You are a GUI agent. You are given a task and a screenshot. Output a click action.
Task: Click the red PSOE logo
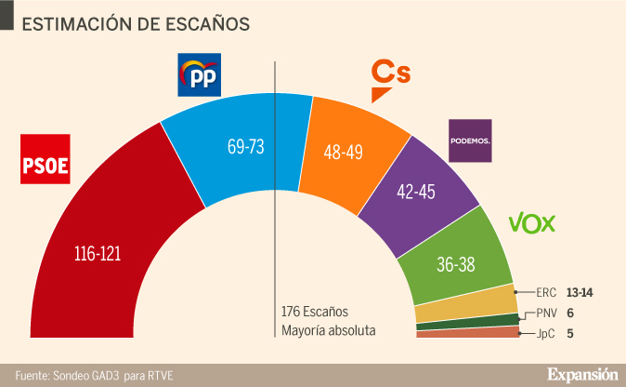[46, 161]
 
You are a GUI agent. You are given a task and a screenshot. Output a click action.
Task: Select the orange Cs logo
[390, 77]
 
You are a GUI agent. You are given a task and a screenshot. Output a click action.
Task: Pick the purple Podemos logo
[470, 140]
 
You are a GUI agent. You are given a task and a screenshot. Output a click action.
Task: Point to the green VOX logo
[532, 223]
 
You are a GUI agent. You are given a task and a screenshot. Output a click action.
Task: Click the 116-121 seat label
[98, 253]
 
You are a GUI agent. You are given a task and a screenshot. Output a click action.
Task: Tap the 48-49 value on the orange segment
[343, 152]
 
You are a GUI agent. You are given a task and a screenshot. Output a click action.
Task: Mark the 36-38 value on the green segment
[456, 264]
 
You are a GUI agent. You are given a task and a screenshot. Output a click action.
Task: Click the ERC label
[549, 292]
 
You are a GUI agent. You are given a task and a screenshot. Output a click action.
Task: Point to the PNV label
[549, 314]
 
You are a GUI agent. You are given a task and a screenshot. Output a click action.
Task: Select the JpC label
[548, 333]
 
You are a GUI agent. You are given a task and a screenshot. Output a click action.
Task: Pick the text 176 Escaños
[316, 311]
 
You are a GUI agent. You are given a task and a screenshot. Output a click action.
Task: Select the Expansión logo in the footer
[581, 374]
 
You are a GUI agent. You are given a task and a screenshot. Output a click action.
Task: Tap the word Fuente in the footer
[31, 375]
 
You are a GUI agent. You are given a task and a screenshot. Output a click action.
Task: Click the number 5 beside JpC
[569, 333]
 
